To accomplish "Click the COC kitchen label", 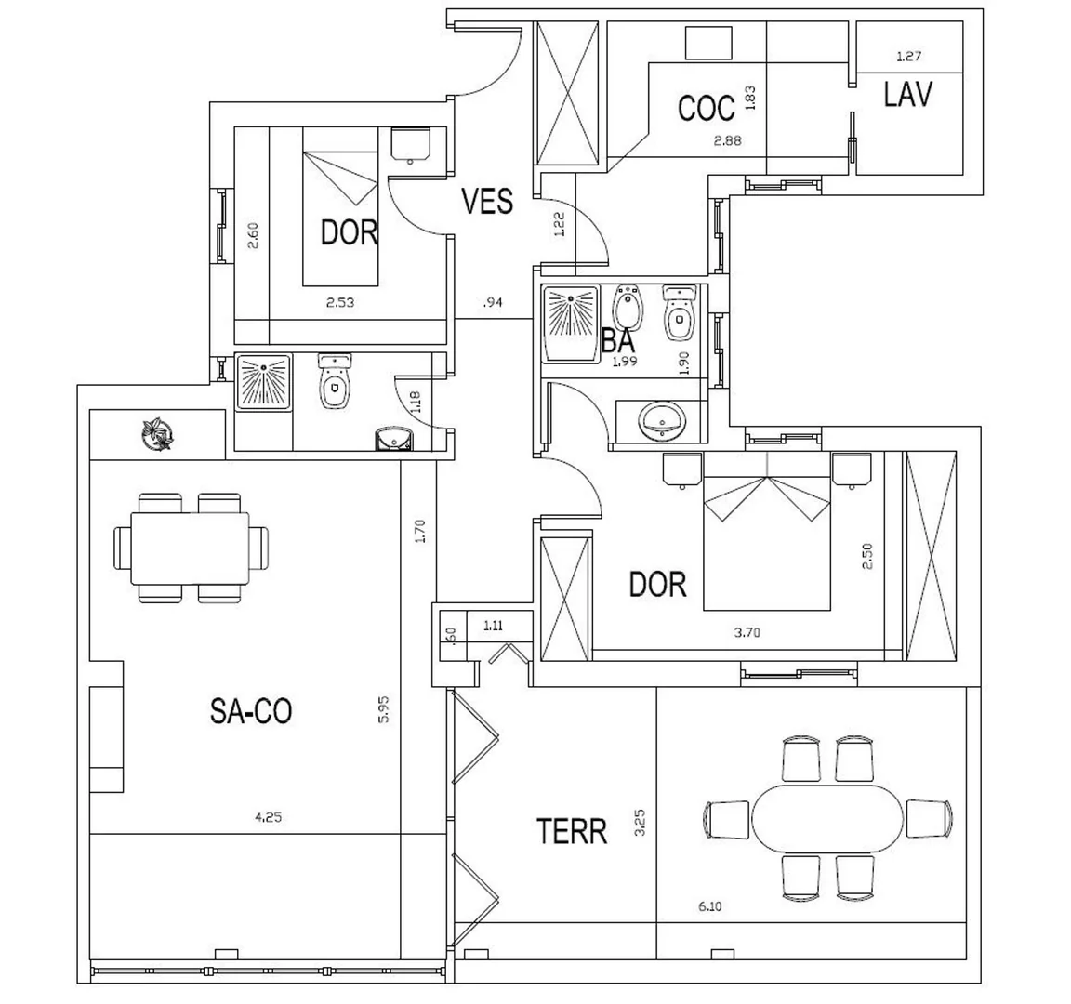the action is (x=707, y=108).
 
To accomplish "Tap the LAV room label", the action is (x=907, y=94).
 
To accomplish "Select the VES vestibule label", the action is (x=487, y=202).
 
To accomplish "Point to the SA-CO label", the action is (x=251, y=711).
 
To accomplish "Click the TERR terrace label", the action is (x=572, y=831).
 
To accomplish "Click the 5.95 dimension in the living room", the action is (x=384, y=709).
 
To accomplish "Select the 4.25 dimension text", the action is (x=269, y=816).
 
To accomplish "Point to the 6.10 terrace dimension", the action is (x=710, y=906).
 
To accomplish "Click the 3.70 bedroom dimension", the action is (x=747, y=632).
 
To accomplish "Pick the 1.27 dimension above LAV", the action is (x=909, y=56).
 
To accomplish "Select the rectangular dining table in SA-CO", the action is (x=190, y=548).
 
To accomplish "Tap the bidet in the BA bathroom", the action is (x=626, y=308).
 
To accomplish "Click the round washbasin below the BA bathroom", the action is (x=661, y=421).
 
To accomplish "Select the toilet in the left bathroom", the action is (x=334, y=381).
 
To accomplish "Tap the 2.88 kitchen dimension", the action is (x=727, y=140).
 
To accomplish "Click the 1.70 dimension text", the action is (x=420, y=531).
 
